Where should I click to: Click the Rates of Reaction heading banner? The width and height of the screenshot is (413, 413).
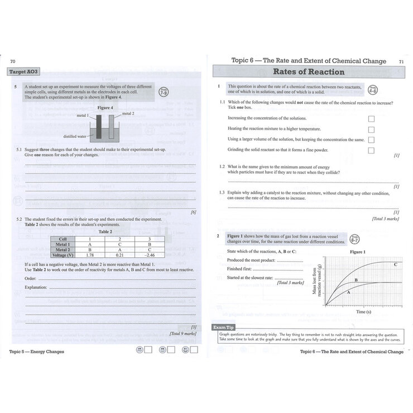308,71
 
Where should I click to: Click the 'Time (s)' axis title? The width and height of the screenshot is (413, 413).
357,312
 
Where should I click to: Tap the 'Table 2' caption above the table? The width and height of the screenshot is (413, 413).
105,231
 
